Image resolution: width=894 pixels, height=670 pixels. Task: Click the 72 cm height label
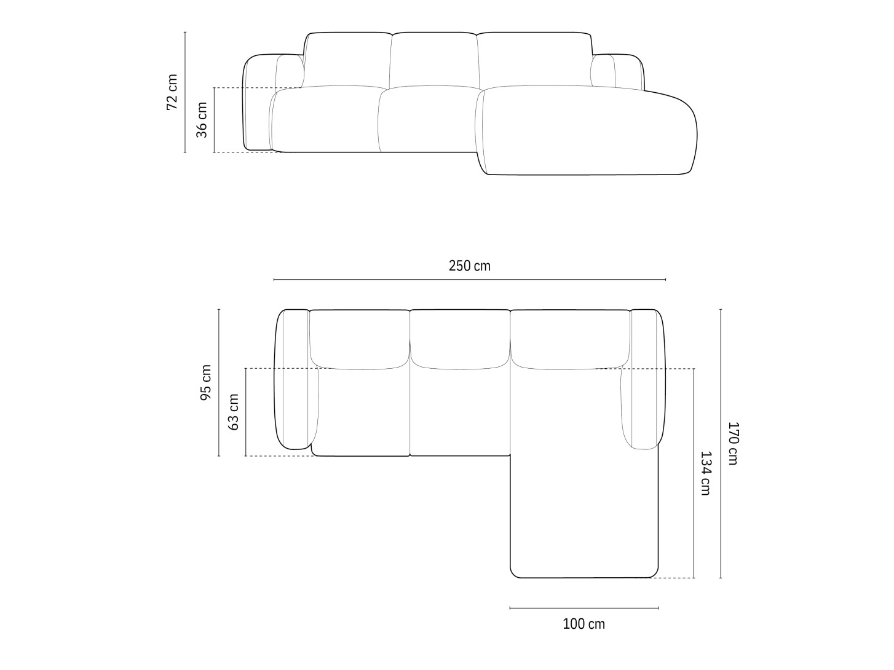pyautogui.click(x=172, y=92)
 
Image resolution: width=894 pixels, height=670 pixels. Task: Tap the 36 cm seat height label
pyautogui.click(x=202, y=120)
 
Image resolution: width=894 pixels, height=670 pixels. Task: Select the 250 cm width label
pyautogui.click(x=470, y=266)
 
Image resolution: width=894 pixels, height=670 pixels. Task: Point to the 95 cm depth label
pyautogui.click(x=206, y=382)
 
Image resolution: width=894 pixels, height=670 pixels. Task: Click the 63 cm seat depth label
pyautogui.click(x=234, y=412)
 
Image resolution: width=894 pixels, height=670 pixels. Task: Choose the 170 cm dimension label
pyautogui.click(x=733, y=443)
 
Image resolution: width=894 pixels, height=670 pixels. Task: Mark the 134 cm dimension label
pyautogui.click(x=705, y=473)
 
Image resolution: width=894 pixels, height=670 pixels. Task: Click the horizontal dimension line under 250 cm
pyautogui.click(x=470, y=280)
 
